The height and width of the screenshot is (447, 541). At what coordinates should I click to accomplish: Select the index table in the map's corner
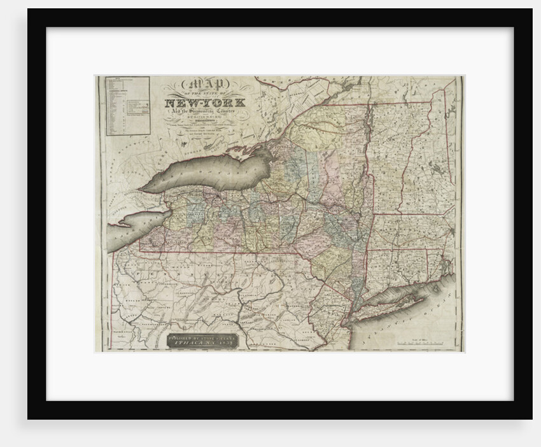click(127, 106)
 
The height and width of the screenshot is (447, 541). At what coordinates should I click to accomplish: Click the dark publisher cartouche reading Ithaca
click(202, 339)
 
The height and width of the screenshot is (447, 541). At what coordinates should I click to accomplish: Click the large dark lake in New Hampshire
click(438, 169)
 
